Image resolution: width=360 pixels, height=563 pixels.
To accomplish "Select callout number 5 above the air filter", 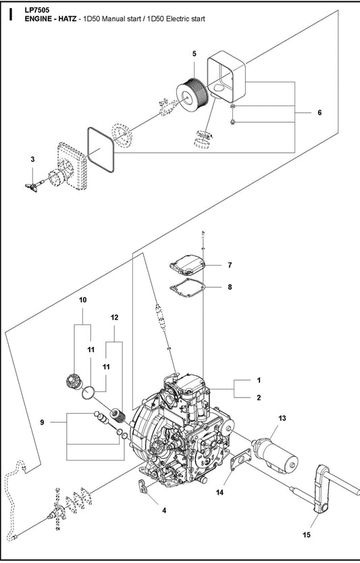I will pos(194,53).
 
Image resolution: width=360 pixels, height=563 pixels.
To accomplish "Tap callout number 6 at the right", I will pos(319,113).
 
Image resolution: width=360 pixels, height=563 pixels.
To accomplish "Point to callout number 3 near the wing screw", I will pos(32,159).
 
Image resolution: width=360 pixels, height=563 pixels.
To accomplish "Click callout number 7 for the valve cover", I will pos(230,265).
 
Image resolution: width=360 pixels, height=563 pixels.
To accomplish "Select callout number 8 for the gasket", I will pos(230,287).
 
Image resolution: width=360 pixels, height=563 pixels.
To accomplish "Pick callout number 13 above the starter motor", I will pos(282,419).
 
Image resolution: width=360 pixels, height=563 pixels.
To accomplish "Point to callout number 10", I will pos(84,299).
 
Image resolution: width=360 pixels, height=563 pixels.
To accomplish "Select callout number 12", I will pos(114,317).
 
